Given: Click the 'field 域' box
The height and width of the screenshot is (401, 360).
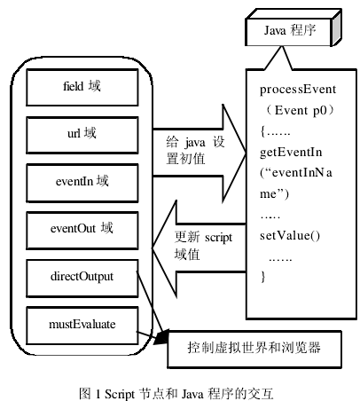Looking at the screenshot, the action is click(x=82, y=87).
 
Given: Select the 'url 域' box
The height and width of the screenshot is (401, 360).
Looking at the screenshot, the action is click(x=82, y=135).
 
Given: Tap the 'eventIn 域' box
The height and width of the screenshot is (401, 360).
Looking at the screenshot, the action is click(x=82, y=183).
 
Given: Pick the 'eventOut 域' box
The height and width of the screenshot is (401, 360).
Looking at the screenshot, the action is click(x=82, y=231).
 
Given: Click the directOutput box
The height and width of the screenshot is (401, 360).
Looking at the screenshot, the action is click(x=82, y=279).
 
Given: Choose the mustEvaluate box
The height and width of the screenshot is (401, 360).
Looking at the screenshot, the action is click(x=82, y=326).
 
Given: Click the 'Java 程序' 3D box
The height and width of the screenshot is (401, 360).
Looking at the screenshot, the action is click(x=293, y=28).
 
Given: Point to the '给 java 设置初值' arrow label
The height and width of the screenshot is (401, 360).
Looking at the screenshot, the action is click(x=195, y=150).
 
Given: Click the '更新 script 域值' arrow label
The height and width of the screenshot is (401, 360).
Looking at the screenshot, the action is click(x=203, y=246).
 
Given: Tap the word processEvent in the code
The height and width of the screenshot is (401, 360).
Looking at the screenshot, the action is click(x=298, y=90).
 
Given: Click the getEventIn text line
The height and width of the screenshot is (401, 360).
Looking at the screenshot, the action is click(x=291, y=153).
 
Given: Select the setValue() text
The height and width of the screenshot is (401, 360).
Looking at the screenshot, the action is click(x=290, y=236).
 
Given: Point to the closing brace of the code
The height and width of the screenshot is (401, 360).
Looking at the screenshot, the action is click(x=263, y=277).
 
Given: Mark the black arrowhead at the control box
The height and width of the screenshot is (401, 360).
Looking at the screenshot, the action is click(x=160, y=339).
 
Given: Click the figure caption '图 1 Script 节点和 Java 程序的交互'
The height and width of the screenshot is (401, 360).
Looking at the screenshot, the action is click(x=176, y=394).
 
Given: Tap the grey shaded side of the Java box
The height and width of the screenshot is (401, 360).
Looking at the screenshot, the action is click(x=336, y=28).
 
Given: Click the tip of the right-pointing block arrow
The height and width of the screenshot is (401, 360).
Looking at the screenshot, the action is click(x=246, y=153).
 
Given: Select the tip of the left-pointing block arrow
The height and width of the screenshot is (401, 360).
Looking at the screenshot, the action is click(x=152, y=248).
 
